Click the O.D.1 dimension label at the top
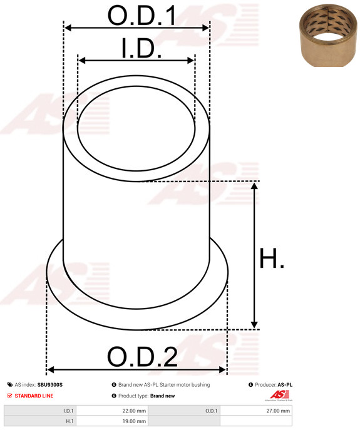(x=141, y=16)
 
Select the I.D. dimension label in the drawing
(x=141, y=48)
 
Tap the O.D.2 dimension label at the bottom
(x=142, y=357)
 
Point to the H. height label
(x=271, y=258)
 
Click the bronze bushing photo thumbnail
(x=328, y=36)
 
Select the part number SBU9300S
(x=50, y=385)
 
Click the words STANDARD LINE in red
(x=34, y=396)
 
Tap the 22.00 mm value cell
(x=134, y=411)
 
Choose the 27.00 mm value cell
(x=278, y=411)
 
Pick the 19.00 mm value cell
(x=134, y=421)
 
